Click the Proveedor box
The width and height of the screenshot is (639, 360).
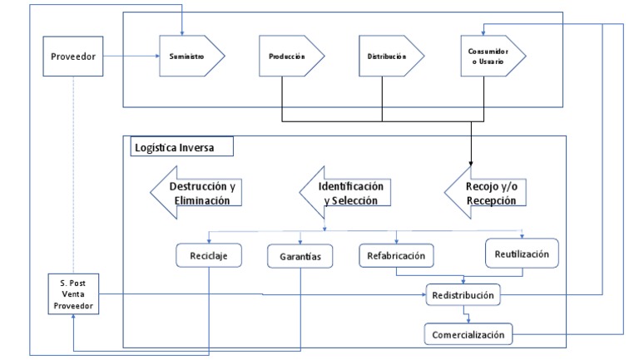click(72, 58)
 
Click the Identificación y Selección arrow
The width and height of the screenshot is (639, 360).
click(343, 193)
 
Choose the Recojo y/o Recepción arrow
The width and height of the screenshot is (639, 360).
click(488, 193)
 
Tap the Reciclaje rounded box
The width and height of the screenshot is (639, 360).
click(208, 256)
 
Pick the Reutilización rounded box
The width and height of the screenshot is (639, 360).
click(522, 254)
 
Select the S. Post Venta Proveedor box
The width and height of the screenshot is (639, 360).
click(72, 295)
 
